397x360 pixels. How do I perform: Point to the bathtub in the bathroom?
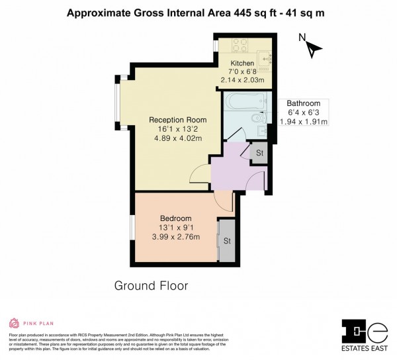pyautogui.click(x=245, y=103)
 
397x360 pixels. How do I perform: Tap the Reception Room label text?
pyautogui.click(x=177, y=120)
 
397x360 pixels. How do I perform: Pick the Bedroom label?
pyautogui.click(x=175, y=218)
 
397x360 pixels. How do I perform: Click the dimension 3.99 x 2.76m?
pyautogui.click(x=175, y=236)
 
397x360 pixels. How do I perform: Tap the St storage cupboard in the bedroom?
pyautogui.click(x=227, y=240)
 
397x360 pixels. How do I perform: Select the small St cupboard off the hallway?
pyautogui.click(x=259, y=153)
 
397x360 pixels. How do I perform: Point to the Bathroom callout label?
pyautogui.click(x=303, y=103)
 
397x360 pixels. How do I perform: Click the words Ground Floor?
pyautogui.click(x=151, y=286)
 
